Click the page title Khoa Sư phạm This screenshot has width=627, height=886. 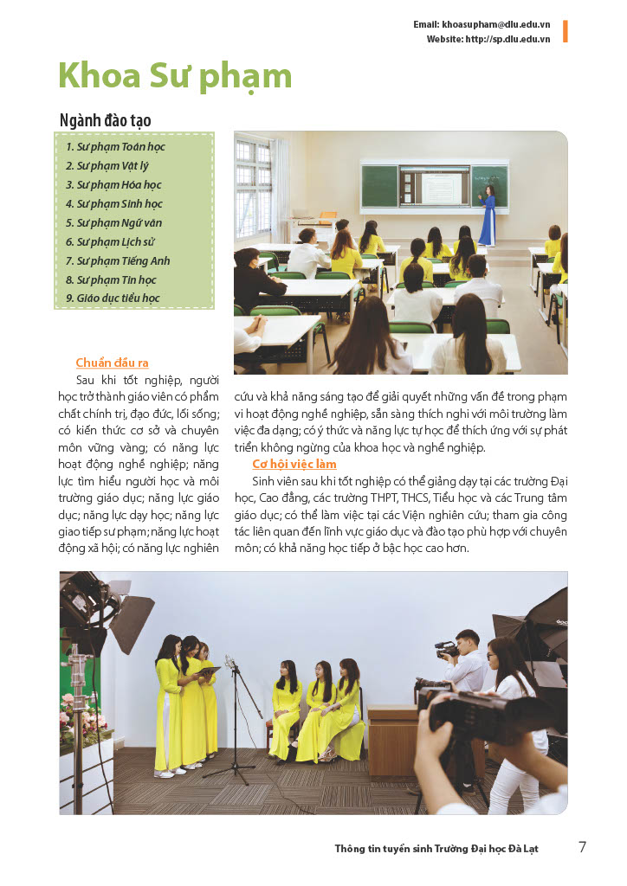175,76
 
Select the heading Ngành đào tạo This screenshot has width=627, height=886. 105,120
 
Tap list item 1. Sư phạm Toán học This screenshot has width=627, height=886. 115,146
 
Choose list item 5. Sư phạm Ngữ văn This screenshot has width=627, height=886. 113,222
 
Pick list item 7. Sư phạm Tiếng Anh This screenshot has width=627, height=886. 118,260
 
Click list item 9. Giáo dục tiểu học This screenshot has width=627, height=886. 113,299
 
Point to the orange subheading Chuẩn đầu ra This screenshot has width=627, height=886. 112,363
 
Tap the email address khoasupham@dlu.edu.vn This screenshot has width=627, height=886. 495,25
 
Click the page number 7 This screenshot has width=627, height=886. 582,847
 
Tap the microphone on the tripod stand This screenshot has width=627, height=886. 230,664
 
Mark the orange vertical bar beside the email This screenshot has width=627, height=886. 565,31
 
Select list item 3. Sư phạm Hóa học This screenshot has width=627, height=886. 113,184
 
